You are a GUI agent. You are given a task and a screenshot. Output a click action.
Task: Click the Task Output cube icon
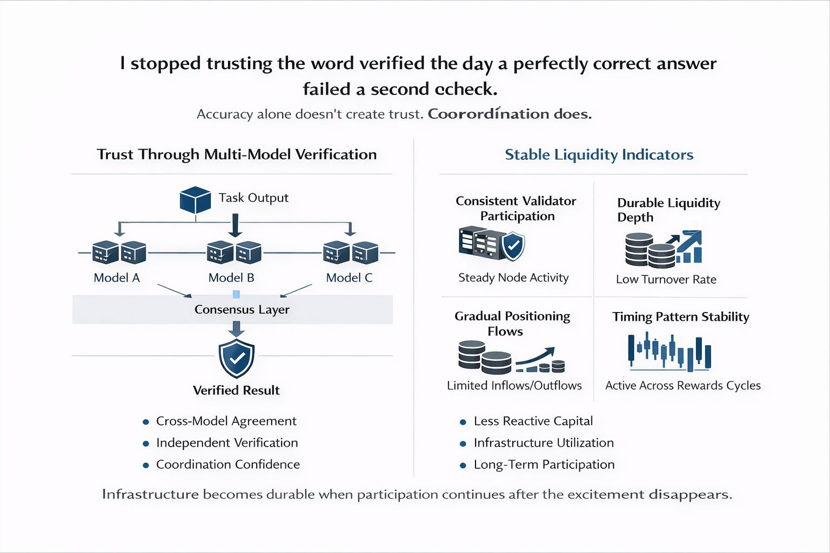pyautogui.click(x=195, y=200)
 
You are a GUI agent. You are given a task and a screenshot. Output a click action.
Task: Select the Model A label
pyautogui.click(x=117, y=278)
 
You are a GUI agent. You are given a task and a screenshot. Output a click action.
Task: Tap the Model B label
pyautogui.click(x=231, y=278)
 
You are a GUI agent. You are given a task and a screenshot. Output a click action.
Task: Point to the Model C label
pyautogui.click(x=349, y=278)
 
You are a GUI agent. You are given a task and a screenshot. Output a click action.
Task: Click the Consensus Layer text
pyautogui.click(x=242, y=309)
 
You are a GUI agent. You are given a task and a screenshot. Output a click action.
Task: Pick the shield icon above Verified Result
pyautogui.click(x=236, y=358)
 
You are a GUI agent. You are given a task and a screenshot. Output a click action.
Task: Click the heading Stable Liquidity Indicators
pyautogui.click(x=599, y=154)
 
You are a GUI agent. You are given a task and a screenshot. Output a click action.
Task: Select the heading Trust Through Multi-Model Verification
pyautogui.click(x=237, y=154)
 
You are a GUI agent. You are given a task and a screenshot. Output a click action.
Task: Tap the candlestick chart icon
pyautogui.click(x=670, y=353)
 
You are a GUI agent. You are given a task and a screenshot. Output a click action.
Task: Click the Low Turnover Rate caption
pyautogui.click(x=666, y=279)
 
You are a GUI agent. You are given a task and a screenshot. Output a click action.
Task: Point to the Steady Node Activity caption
pyautogui.click(x=513, y=278)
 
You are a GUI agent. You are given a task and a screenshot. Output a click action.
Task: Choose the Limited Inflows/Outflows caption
pyautogui.click(x=514, y=386)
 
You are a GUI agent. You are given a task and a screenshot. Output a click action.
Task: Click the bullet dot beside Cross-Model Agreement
pyautogui.click(x=145, y=422)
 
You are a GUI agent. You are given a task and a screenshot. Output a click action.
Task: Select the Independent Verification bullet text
pyautogui.click(x=227, y=443)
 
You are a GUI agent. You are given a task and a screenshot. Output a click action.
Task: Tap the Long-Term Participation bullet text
pyautogui.click(x=544, y=464)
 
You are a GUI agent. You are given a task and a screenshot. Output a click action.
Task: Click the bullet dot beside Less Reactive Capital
pyautogui.click(x=463, y=422)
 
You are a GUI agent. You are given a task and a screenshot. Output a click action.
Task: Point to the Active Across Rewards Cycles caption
pyautogui.click(x=682, y=386)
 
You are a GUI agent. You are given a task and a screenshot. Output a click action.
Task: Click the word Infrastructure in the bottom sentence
pyautogui.click(x=150, y=494)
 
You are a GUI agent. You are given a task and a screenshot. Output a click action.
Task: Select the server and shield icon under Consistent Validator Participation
pyautogui.click(x=491, y=244)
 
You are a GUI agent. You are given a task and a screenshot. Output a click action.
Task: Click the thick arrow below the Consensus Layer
pyautogui.click(x=236, y=328)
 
